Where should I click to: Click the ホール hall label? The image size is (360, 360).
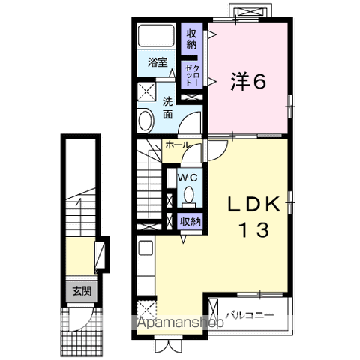(x=177, y=145)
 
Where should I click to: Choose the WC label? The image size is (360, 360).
(x=188, y=178)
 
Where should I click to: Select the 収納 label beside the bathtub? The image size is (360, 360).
(x=193, y=38)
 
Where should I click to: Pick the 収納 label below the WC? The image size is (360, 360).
(x=190, y=221)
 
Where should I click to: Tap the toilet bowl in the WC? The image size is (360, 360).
(x=188, y=196)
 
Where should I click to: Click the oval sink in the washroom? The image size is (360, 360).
(x=145, y=121)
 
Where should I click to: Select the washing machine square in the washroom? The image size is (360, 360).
(x=145, y=92)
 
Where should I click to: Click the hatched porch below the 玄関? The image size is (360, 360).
(x=79, y=323)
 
